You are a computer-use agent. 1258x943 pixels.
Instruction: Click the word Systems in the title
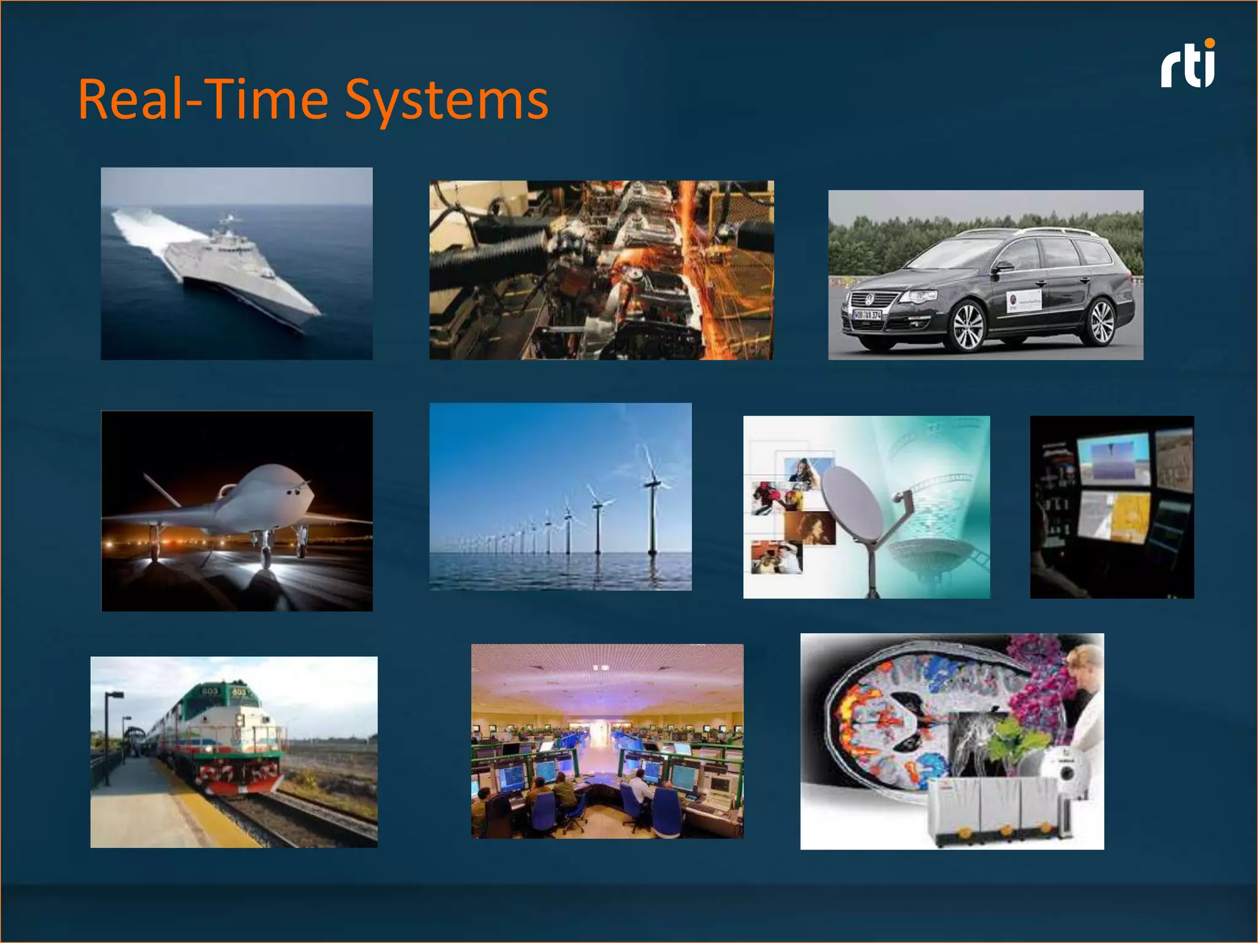446,100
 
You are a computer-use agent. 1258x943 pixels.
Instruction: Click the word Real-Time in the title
203,100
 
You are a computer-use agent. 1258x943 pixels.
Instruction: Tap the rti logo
1187,64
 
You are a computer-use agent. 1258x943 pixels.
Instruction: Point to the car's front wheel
968,326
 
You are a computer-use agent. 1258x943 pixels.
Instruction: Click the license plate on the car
867,315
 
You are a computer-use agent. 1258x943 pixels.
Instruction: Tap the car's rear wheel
1101,322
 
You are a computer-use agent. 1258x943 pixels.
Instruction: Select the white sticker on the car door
1024,301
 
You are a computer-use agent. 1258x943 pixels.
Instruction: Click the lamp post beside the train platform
108,737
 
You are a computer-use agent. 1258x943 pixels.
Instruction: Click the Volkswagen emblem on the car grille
870,299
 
